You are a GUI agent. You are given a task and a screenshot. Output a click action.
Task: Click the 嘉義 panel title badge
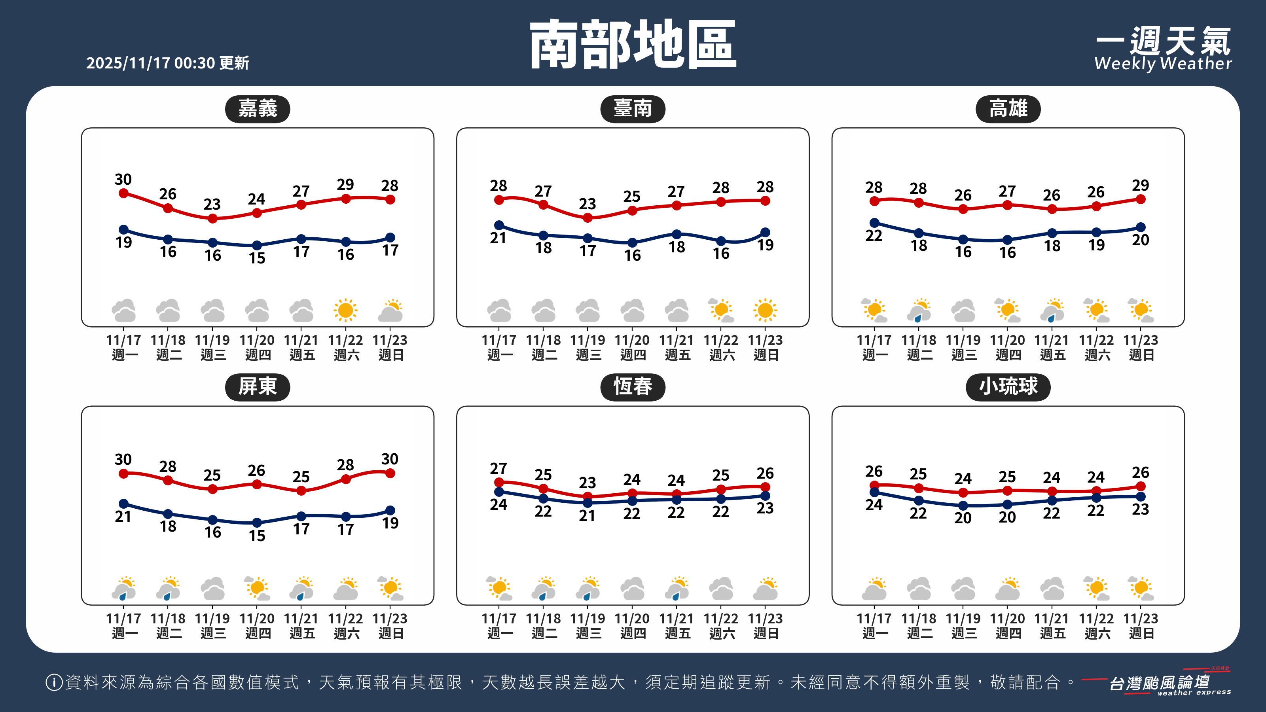tap(257, 109)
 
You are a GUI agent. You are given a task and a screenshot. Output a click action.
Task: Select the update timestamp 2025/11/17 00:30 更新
tap(168, 63)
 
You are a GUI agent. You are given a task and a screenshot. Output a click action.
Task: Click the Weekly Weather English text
tap(1163, 64)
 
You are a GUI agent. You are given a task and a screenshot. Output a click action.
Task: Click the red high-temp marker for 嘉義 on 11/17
tap(124, 193)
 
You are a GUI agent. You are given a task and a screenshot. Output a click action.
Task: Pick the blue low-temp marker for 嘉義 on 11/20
tap(256, 245)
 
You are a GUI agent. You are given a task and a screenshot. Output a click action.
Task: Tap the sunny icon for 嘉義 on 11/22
tap(345, 310)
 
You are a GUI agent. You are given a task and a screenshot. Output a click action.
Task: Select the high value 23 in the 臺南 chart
tap(587, 203)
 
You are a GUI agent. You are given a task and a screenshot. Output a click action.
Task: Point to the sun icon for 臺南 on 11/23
tap(765, 310)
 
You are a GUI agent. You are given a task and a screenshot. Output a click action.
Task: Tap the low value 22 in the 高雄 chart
tap(874, 236)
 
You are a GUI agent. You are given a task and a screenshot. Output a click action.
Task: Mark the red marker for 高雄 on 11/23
tap(1141, 199)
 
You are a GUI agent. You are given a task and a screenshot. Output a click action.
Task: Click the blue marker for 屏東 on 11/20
tap(256, 522)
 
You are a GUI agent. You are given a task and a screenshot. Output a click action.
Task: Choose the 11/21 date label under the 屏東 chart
tap(301, 618)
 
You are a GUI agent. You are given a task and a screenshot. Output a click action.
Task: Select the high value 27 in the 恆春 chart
tap(498, 468)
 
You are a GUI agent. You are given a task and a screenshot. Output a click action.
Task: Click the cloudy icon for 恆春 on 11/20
tap(632, 588)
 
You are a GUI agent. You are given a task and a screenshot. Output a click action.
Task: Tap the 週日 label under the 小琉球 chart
tap(1141, 633)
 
